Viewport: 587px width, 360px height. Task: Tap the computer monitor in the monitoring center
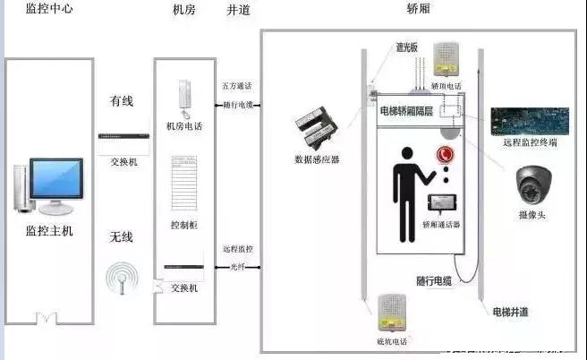51,184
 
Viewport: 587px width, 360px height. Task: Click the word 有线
121,101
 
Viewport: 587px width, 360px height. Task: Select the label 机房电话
185,126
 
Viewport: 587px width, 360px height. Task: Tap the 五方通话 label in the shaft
238,86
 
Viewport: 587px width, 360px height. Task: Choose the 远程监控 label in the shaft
238,248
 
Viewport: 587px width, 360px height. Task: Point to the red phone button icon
445,155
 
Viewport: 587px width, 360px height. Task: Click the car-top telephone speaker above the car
446,61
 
